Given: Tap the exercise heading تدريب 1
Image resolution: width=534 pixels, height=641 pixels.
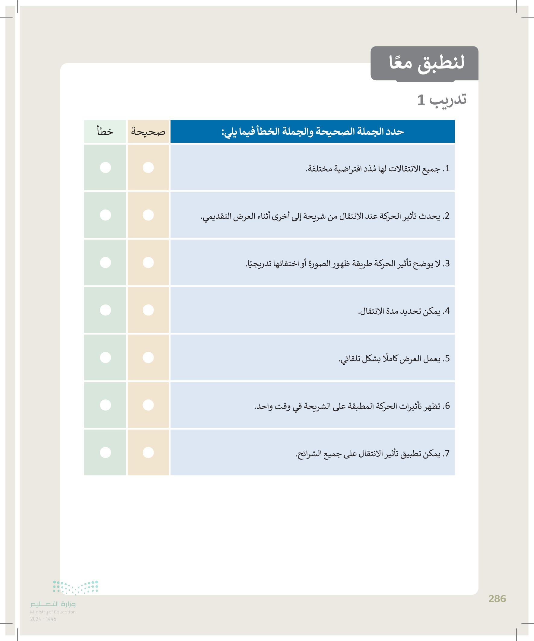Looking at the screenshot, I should coord(441,100).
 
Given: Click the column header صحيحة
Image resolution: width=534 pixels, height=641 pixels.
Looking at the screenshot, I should coord(148,132).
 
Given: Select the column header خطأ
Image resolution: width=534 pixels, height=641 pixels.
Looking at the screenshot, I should coord(105,132).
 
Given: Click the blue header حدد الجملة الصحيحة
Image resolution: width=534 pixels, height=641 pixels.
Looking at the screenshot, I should coord(312,132).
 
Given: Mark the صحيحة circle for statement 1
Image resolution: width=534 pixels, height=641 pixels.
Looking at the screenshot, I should coord(148,168).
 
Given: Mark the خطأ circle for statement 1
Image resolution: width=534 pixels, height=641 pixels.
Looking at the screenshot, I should coord(105,168).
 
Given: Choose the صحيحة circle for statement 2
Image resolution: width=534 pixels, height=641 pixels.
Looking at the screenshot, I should coord(148,215).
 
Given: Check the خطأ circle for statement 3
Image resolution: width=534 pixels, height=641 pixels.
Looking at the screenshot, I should coord(105,262).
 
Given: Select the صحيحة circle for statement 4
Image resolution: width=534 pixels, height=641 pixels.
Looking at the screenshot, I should coord(148,310).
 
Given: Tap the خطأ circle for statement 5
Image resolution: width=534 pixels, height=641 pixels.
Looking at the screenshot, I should coord(105,357).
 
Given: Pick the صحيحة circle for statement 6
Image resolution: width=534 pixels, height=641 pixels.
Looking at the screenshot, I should coord(148,405).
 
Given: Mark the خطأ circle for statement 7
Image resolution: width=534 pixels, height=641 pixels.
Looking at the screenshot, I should coord(105,452).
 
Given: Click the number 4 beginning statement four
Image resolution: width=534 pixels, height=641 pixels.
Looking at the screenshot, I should coord(447,311).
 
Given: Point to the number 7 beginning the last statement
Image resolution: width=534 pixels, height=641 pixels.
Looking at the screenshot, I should coord(447,454).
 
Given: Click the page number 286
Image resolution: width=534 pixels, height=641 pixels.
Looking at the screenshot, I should coord(497,599).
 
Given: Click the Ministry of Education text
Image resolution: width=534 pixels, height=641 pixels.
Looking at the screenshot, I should coord(53,612).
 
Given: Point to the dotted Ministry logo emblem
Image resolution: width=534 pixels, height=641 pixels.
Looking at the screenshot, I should coord(75,588).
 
